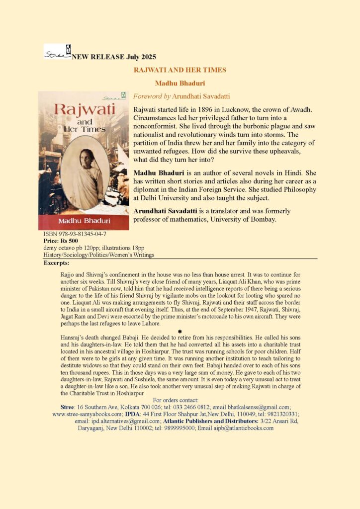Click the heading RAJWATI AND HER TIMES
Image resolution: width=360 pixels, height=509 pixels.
[x=180, y=70]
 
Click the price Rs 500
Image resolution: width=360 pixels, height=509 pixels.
[x=73, y=240]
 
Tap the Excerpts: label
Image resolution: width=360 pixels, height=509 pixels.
[x=57, y=262]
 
